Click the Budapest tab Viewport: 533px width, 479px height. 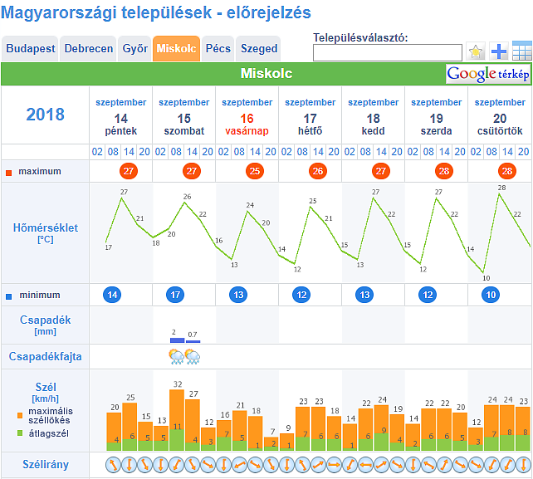tap(31, 49)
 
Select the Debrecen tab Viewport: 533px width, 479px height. tap(89, 49)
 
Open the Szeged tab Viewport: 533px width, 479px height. tap(259, 49)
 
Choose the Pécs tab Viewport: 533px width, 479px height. tap(218, 49)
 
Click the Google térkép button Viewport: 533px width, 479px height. tap(488, 74)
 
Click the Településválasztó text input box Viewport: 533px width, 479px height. tap(387, 53)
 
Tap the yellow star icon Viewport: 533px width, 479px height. tap(476, 52)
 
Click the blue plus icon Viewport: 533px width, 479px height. tap(499, 52)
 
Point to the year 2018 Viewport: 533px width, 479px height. tap(45, 115)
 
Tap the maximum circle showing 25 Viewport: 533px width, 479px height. tap(254, 171)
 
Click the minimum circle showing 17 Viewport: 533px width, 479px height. tap(175, 295)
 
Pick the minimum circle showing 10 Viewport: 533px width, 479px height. tap(491, 295)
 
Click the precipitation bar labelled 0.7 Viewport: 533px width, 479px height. tap(192, 341)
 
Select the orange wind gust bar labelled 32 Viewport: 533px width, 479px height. tap(177, 408)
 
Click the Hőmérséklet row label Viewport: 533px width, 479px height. tap(45, 232)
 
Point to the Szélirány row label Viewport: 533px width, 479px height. tap(45, 464)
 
